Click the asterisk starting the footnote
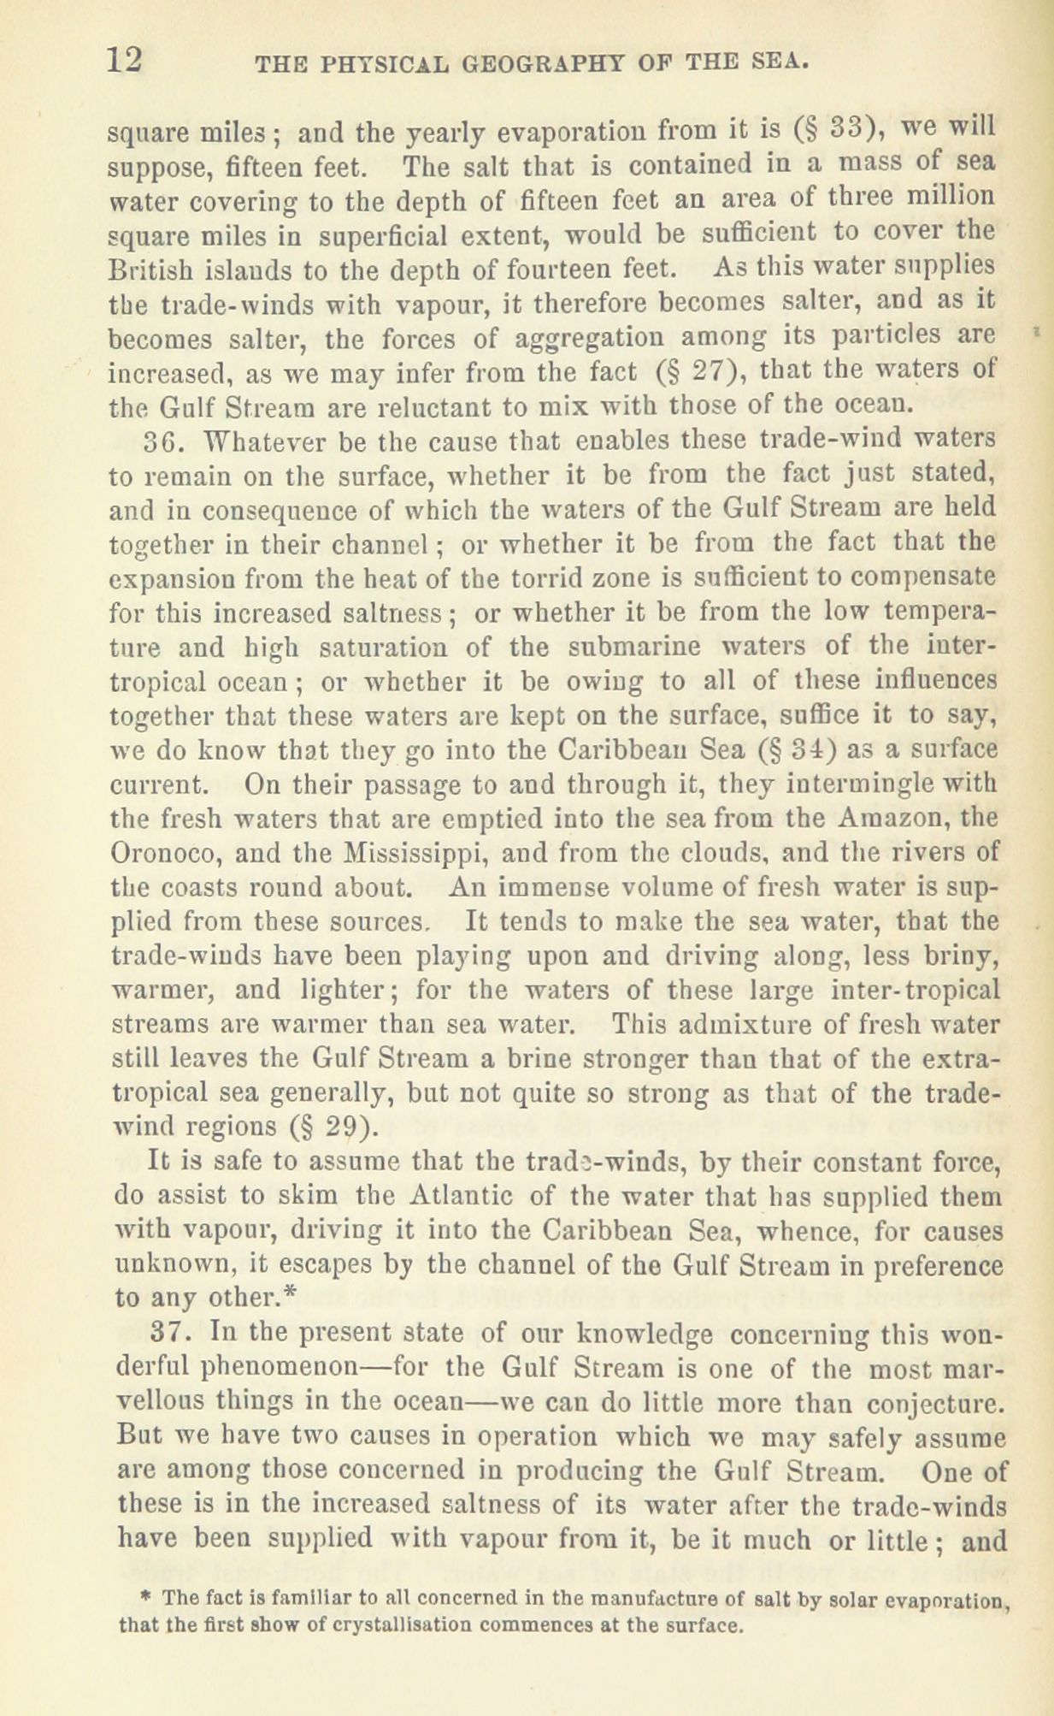point(146,1597)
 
